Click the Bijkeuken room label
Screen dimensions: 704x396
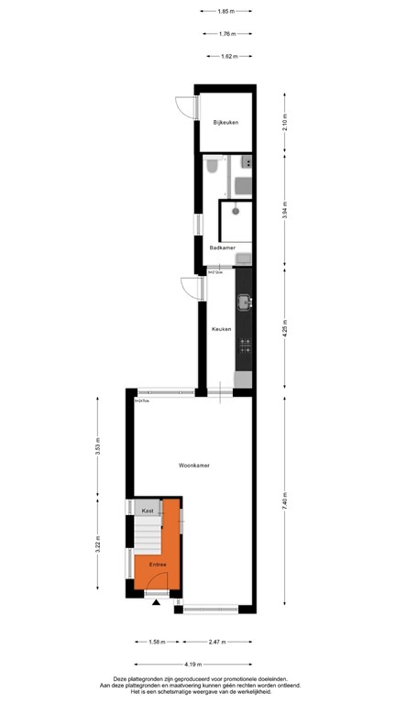[226, 122]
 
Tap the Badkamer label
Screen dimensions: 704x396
[223, 247]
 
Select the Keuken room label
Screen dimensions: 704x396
[222, 329]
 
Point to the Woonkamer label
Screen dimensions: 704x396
[194, 466]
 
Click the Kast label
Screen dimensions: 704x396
[147, 510]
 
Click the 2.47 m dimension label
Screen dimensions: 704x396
[216, 643]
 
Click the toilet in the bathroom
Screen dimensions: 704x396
[212, 166]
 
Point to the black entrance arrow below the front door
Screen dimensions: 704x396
[157, 604]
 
